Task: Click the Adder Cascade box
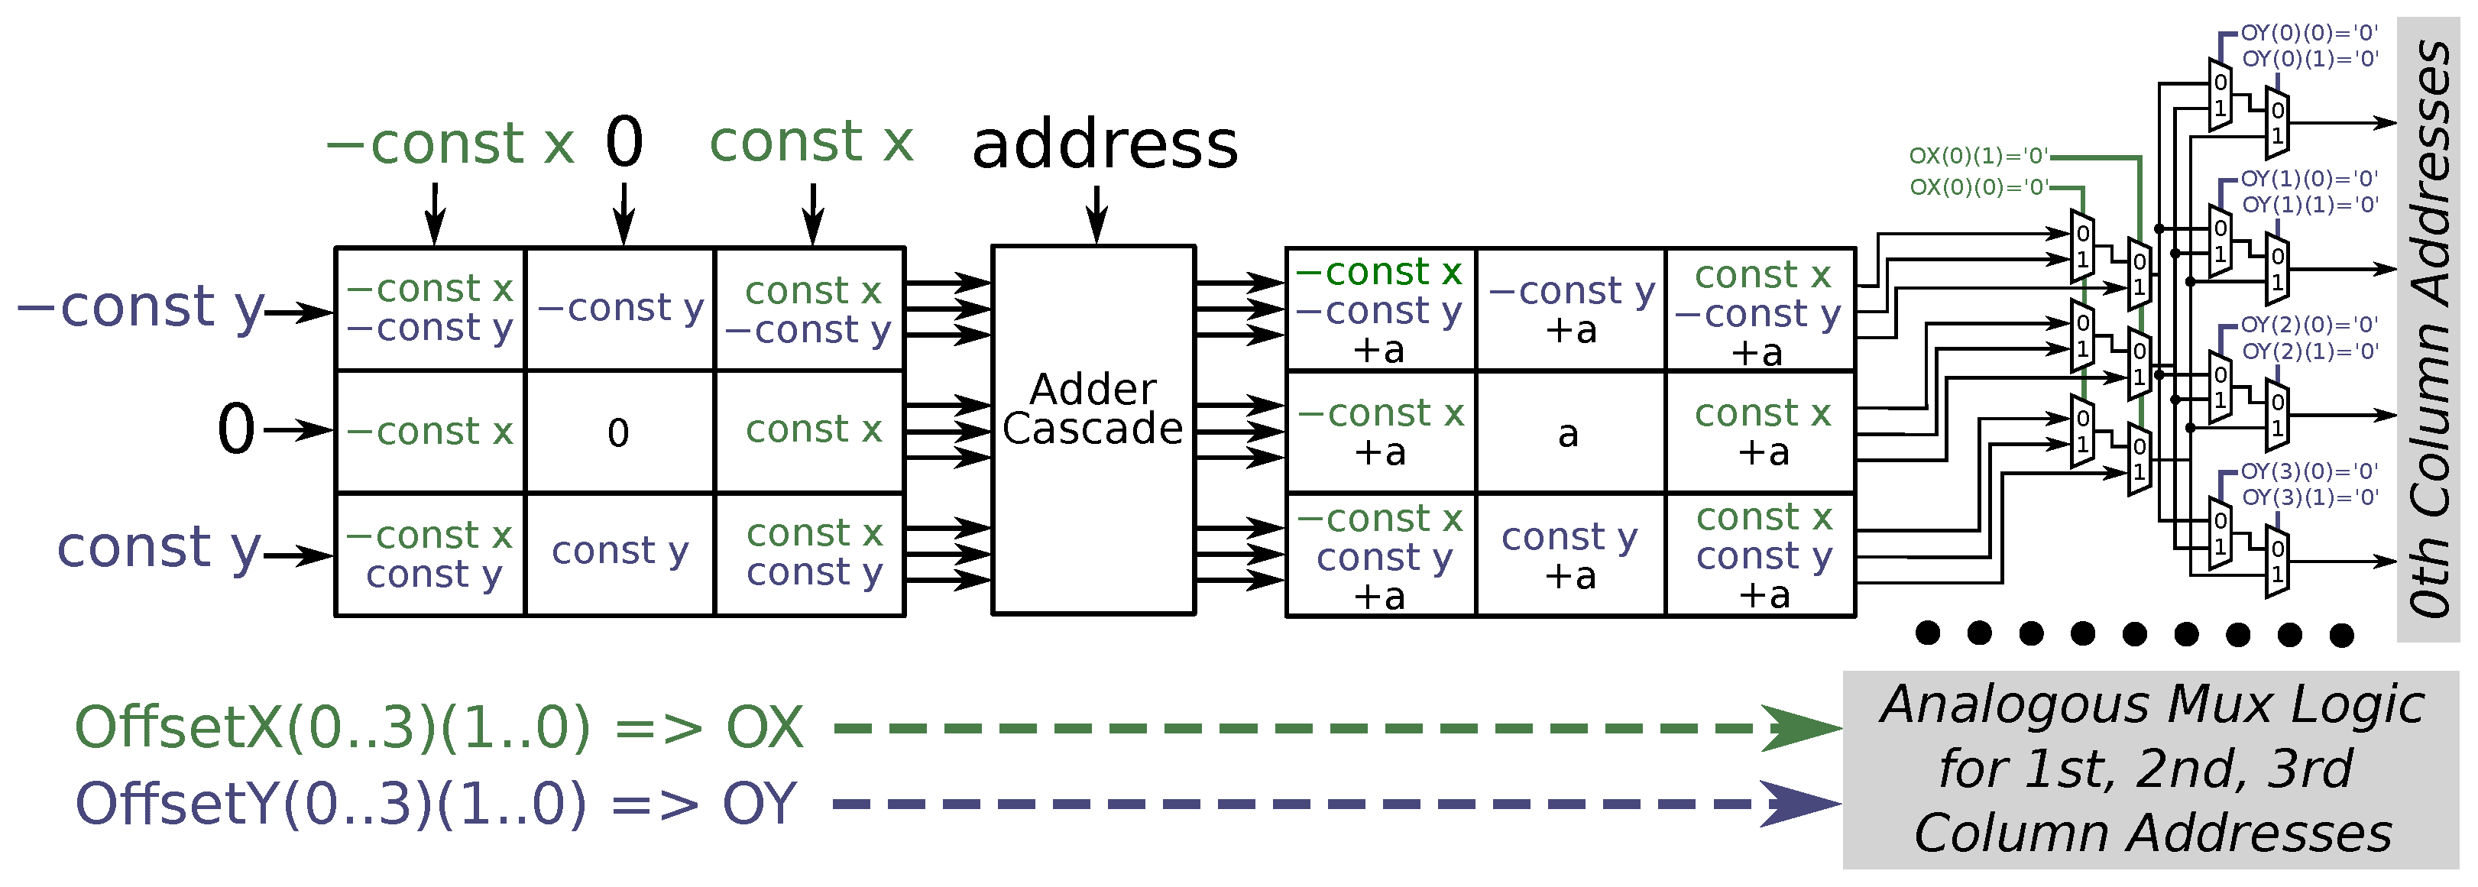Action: coord(1093,430)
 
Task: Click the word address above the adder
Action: coord(1104,145)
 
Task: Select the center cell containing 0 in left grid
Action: coord(618,432)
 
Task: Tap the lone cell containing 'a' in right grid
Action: coord(1569,433)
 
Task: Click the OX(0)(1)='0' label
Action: coord(1979,156)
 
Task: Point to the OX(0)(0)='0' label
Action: coord(1979,186)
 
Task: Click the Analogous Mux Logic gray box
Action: coord(2151,769)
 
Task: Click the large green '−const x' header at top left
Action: coord(450,144)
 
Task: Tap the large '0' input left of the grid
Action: coord(235,429)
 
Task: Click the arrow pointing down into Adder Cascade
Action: coord(1096,214)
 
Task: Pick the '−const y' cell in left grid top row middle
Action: coord(620,308)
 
